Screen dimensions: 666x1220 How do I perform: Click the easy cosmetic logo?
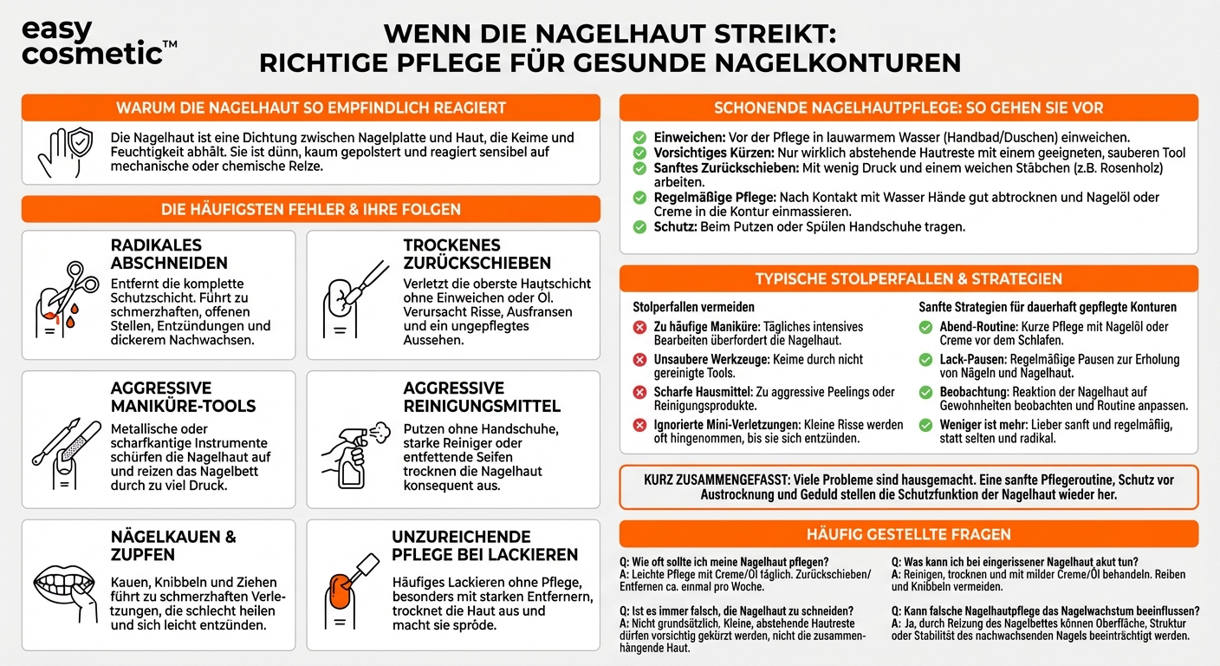point(91,42)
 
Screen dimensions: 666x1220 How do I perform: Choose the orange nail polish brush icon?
point(353,581)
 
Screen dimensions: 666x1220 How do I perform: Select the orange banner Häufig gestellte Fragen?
point(909,534)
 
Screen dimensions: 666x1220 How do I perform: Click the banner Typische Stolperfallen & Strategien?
point(909,279)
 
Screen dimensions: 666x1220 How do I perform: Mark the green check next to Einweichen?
point(639,138)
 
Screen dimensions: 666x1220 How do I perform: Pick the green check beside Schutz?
point(639,227)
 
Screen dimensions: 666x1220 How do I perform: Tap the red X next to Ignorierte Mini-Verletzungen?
point(640,425)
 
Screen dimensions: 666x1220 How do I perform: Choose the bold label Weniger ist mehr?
point(983,425)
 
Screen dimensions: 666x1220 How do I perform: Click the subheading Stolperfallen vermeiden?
point(693,307)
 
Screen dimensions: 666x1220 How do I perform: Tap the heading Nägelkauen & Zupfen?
point(173,545)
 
